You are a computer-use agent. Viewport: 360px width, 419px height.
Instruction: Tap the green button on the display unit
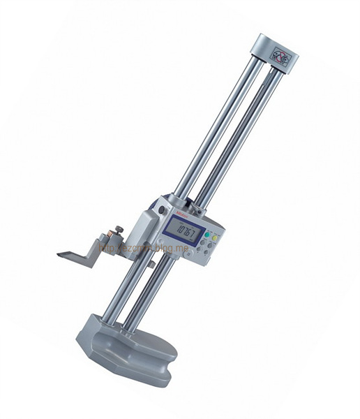click(215, 239)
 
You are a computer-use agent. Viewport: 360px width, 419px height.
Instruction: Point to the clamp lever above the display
click(187, 203)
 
